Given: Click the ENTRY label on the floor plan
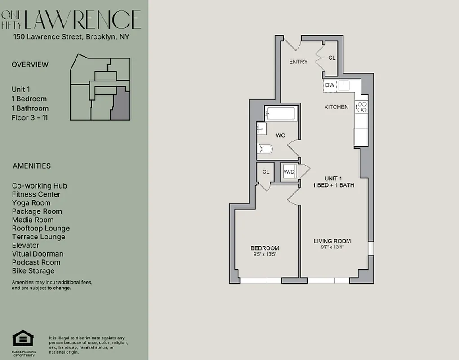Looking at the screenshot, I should point(298,62).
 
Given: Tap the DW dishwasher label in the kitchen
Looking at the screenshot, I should point(330,85).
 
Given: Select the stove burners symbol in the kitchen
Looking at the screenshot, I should point(361,107).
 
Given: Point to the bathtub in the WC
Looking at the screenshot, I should point(280,114).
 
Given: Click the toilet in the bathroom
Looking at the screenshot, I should point(264,149).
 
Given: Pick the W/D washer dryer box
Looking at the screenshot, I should point(288,171).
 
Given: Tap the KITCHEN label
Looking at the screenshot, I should point(336,108).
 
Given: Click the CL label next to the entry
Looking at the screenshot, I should point(332,58).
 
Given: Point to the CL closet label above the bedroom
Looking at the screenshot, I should point(266,171).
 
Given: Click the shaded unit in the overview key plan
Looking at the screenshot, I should point(120,103).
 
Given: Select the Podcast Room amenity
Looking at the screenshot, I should point(36,262).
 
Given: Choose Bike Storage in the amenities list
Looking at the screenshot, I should point(33,271).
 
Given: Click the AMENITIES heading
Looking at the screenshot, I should point(31,166).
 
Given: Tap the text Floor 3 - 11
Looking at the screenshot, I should point(30,118).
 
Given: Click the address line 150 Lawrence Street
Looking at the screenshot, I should point(71,37).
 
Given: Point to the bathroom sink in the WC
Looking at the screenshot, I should point(261,129).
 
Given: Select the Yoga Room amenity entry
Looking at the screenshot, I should point(31,203).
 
